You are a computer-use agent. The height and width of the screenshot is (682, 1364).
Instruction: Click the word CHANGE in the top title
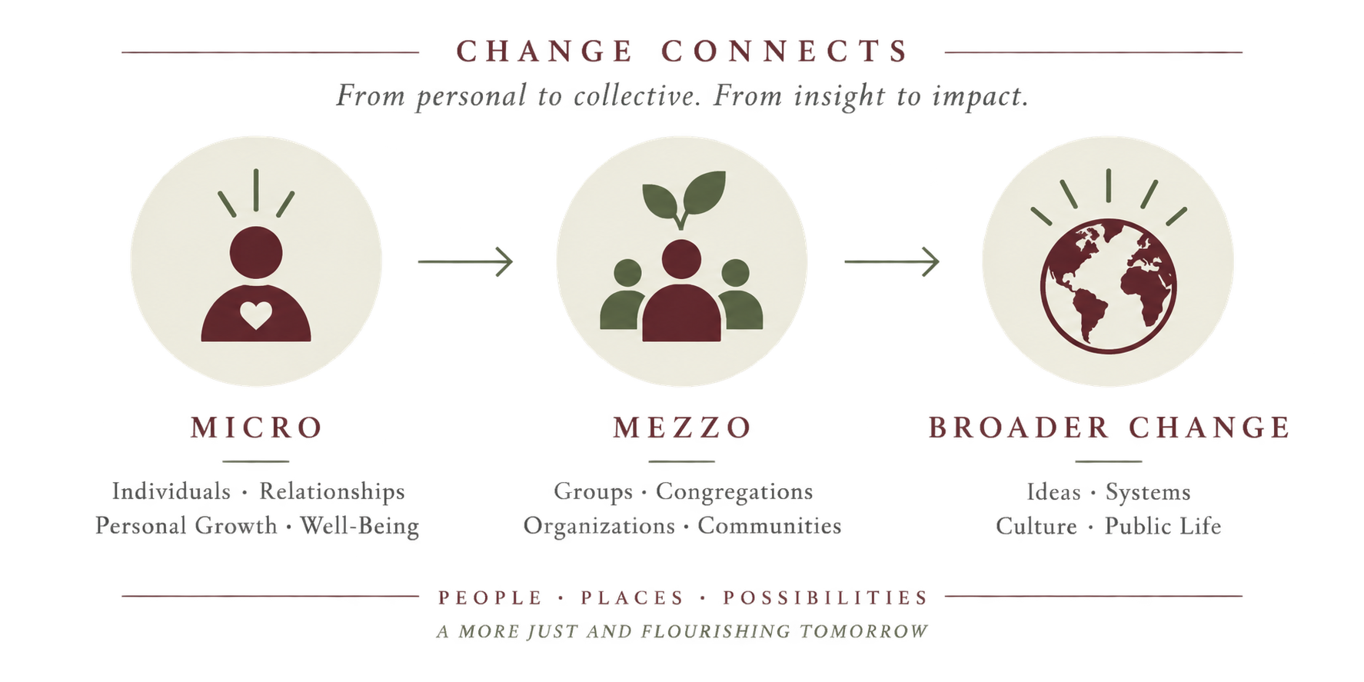pos(544,52)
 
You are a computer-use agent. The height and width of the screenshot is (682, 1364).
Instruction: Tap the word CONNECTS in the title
pos(785,52)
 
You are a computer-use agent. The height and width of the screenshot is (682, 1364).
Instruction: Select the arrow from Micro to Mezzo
pos(465,261)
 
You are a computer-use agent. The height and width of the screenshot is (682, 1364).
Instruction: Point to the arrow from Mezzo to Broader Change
pos(892,261)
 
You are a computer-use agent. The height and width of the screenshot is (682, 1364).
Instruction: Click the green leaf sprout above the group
pos(684,198)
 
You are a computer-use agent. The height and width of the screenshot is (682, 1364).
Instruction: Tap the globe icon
pos(1108,286)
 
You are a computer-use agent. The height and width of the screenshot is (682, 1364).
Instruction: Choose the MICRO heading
pos(257,427)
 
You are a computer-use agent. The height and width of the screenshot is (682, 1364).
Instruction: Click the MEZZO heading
pos(683,427)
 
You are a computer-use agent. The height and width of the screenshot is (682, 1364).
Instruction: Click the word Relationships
pos(332,492)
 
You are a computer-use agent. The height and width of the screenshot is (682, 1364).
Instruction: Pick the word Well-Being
pos(360,527)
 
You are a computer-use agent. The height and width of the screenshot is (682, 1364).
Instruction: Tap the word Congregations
pos(734,492)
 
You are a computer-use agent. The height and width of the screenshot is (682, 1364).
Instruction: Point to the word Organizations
pos(599,527)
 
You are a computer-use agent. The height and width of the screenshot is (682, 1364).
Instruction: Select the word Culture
pos(1036,527)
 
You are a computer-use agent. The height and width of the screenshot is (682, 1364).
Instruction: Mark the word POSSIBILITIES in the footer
pos(826,597)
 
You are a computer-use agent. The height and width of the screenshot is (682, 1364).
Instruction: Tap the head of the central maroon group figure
pos(681,259)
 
